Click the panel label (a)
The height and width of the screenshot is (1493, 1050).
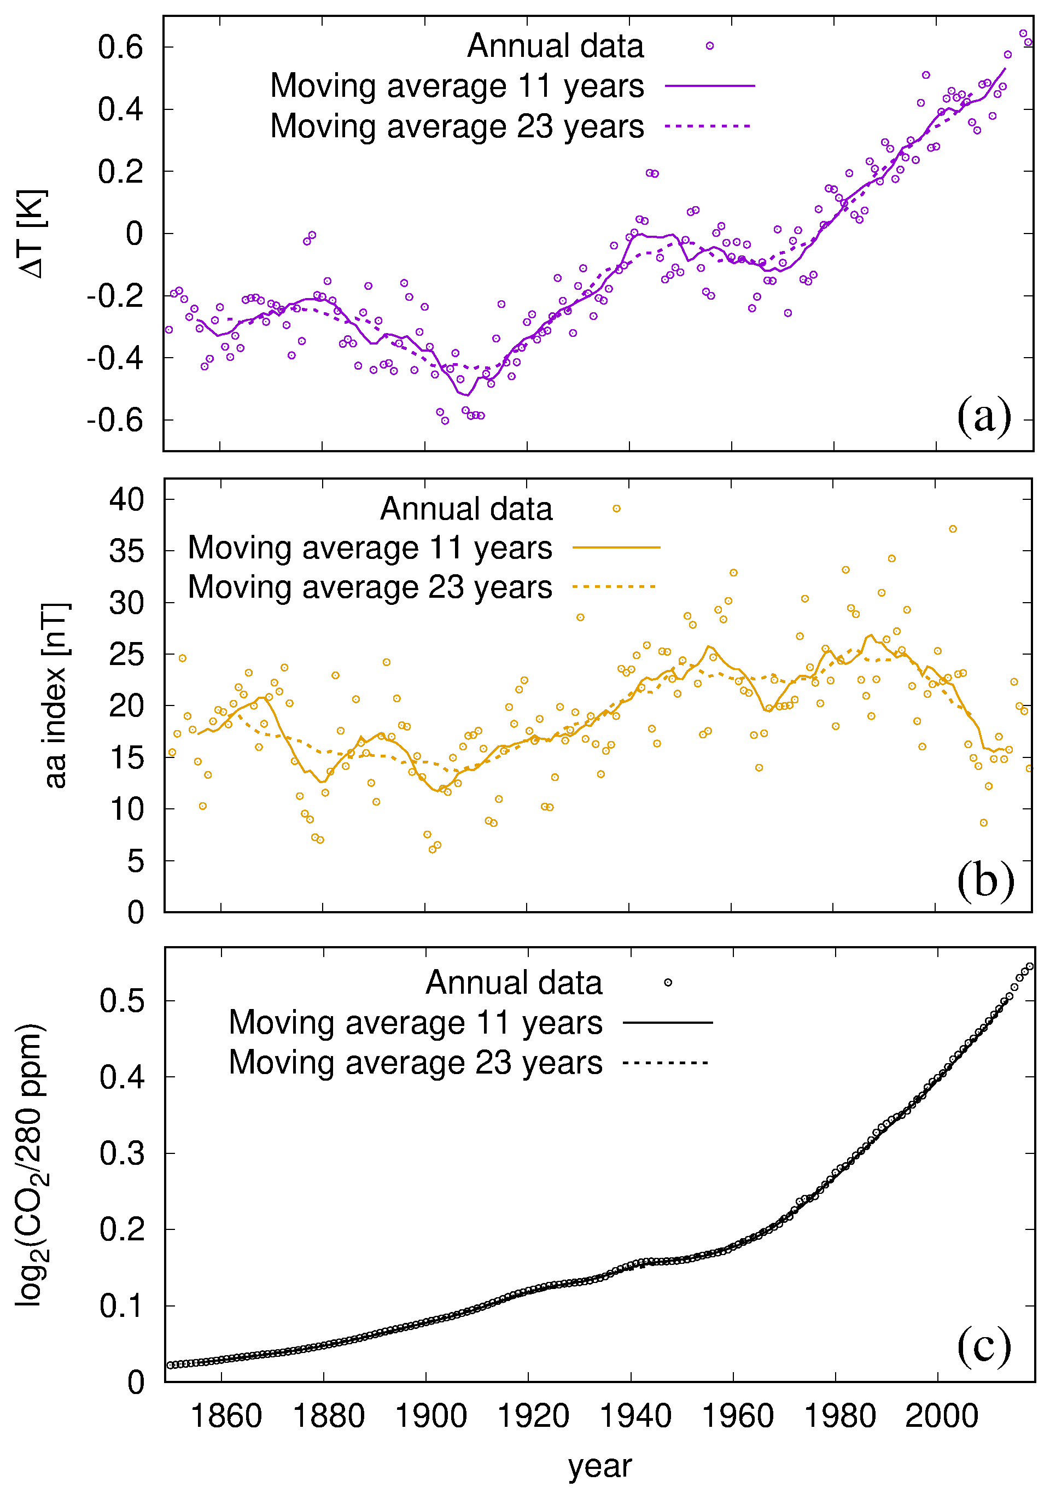tap(983, 416)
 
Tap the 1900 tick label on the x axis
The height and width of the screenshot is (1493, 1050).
tap(431, 1416)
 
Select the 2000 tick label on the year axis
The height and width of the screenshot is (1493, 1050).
tap(941, 1416)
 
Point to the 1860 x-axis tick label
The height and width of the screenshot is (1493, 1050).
tap(226, 1416)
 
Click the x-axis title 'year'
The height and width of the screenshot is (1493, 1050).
tap(599, 1466)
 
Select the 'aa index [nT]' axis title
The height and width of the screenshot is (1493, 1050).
tap(55, 695)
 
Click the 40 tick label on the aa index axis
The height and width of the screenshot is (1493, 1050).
tap(127, 499)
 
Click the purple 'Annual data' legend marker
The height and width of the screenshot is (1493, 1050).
tap(710, 46)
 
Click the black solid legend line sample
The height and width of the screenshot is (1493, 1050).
tap(668, 1023)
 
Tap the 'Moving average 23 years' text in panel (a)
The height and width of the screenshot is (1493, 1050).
tap(457, 126)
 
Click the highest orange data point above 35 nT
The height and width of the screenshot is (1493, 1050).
tap(953, 529)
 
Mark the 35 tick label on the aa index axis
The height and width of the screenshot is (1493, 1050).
tap(127, 551)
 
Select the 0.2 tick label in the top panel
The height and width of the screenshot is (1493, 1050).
tap(121, 172)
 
